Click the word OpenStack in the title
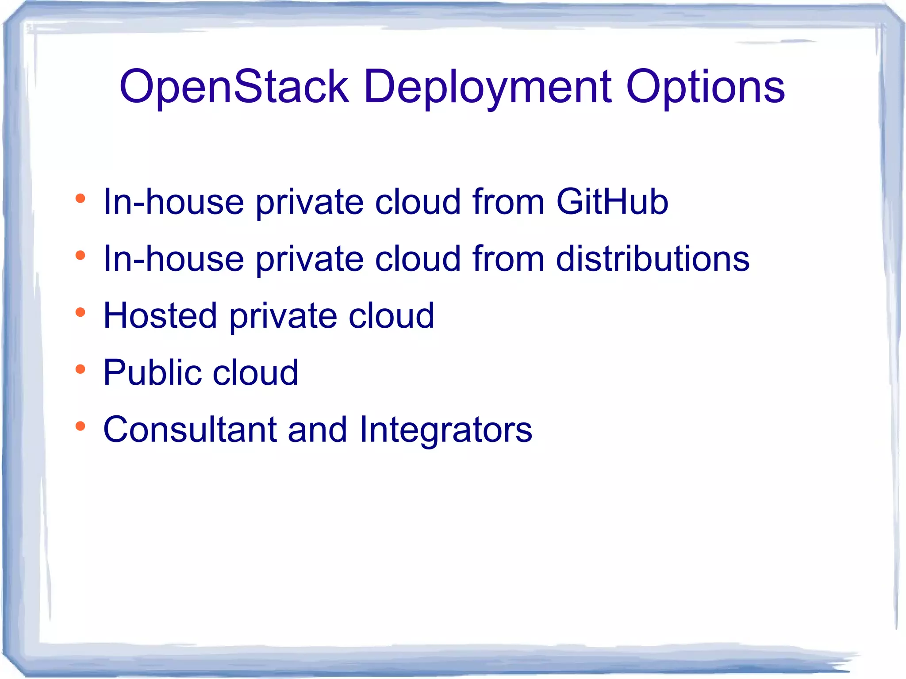pos(234,87)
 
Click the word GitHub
pos(612,202)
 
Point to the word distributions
pos(653,258)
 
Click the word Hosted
pos(160,315)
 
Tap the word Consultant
pos(190,429)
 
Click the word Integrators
pos(445,429)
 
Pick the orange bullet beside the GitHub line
pos(80,199)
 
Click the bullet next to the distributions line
pos(80,256)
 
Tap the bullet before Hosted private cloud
pos(80,313)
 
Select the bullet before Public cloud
pos(80,369)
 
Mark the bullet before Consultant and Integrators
pos(80,426)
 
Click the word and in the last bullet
pos(317,429)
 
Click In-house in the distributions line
pos(173,258)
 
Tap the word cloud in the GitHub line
pos(418,202)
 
